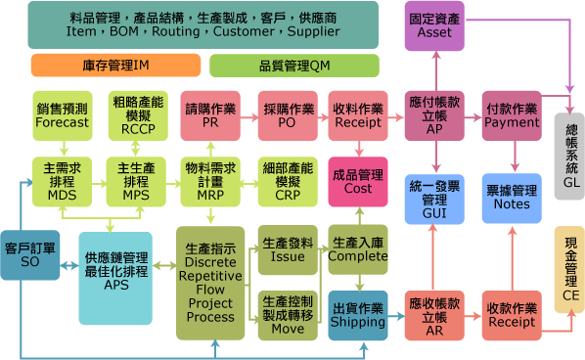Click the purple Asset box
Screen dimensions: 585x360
[434, 25]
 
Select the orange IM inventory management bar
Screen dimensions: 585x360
[115, 66]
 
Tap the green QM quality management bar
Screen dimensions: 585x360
[294, 66]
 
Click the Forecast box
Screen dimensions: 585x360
[63, 115]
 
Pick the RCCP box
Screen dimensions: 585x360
[138, 115]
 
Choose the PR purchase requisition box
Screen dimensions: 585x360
[210, 115]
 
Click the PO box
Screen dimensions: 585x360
[288, 115]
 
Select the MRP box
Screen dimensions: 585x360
[210, 182]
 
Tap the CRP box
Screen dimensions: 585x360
[288, 182]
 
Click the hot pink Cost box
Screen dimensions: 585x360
[358, 182]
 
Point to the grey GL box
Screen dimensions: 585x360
[569, 157]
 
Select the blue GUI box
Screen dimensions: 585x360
[434, 200]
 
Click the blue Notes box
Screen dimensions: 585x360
[512, 198]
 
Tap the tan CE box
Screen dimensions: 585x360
[569, 269]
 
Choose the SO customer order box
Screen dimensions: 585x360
[30, 255]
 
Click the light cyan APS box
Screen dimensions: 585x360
[115, 278]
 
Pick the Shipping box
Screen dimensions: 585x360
[358, 316]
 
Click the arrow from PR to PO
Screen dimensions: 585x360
[249, 118]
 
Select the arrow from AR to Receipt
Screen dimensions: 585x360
[473, 316]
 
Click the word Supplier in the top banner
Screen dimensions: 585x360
[313, 31]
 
